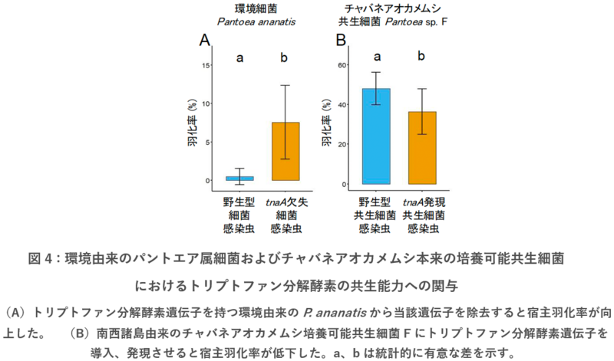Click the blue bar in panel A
click(x=239, y=178)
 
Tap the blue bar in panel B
click(x=376, y=136)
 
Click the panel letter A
click(x=205, y=41)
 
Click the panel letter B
click(x=341, y=41)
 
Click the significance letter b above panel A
click(x=284, y=57)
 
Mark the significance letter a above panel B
click(x=377, y=56)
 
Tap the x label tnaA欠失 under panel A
click(x=286, y=202)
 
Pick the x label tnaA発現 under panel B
click(x=423, y=202)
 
